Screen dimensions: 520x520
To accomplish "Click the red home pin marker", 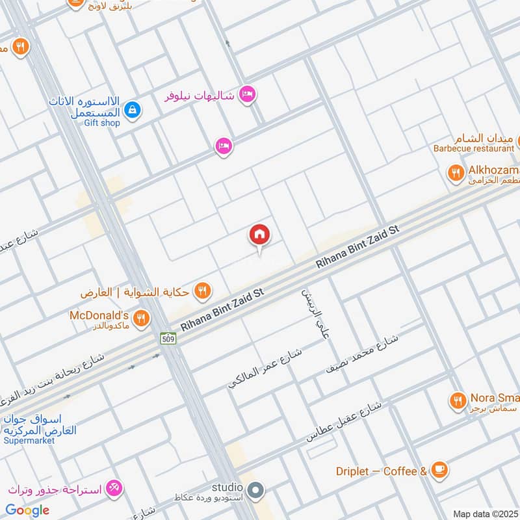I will coord(259,235).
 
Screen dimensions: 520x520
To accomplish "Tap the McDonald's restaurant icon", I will coord(140,318).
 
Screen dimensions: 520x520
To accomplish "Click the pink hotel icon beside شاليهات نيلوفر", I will coord(247,95).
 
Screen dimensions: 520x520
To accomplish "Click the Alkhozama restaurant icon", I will coord(456,172).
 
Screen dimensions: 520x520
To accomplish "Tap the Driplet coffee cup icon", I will coord(439,469).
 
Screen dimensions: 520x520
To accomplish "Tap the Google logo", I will coord(27,510).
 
